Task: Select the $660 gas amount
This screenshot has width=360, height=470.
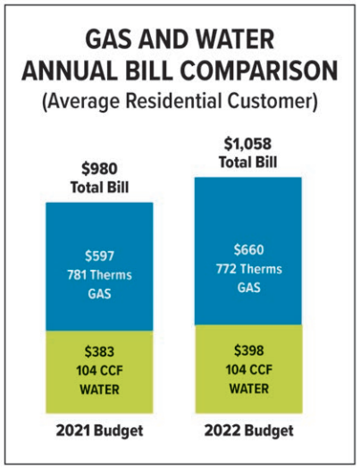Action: coord(247,251)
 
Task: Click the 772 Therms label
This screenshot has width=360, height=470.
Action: coord(247,267)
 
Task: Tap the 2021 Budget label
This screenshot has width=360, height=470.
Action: coord(99,430)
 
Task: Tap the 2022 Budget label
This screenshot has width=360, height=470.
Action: coord(247,430)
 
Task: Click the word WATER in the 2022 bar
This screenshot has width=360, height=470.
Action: coord(247,387)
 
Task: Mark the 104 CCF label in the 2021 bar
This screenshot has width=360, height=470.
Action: coord(99,371)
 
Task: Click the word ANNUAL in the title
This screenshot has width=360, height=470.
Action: coord(74,71)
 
